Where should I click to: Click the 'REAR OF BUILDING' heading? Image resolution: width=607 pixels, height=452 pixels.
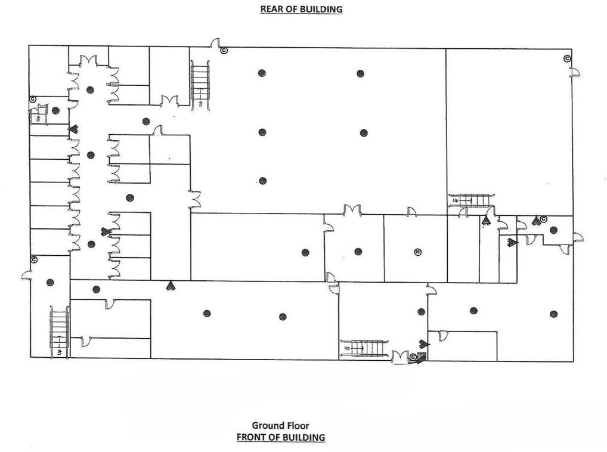tap(301, 9)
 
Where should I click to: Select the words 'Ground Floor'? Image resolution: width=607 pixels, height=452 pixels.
tap(280, 425)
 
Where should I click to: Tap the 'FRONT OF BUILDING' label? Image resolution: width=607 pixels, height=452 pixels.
tap(280, 437)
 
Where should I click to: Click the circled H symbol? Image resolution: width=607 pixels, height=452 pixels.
tap(417, 252)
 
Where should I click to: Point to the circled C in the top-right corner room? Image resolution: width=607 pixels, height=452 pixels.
tap(567, 58)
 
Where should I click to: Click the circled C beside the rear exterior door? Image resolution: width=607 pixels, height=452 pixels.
tap(224, 51)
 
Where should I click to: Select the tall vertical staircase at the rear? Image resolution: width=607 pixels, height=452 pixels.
tap(199, 85)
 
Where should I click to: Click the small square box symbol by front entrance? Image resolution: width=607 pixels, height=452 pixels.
tap(422, 357)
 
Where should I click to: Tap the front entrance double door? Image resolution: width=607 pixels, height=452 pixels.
tap(399, 357)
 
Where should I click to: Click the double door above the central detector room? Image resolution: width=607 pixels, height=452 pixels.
tap(352, 210)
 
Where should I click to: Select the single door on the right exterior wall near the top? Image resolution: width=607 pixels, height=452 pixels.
tap(575, 72)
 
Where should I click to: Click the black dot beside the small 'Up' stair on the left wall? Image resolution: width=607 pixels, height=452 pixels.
tap(55, 110)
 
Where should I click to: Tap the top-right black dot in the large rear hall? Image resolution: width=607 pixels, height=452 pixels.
tap(360, 73)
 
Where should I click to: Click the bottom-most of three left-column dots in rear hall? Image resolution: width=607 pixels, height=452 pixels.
tap(262, 181)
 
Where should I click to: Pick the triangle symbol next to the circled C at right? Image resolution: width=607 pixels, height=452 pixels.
tap(535, 219)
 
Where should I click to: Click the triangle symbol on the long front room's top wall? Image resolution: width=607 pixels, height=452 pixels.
tap(171, 285)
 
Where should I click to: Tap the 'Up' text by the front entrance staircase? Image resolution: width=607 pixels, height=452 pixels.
tap(346, 348)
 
